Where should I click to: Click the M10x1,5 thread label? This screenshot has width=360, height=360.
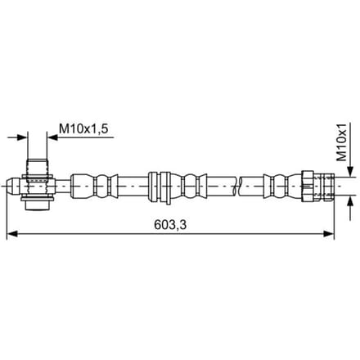coord(83,128)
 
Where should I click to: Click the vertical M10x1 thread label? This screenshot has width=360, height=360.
coord(341,142)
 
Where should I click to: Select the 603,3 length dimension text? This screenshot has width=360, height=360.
coord(170,225)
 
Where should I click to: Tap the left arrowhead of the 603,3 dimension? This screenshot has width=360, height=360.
coord(12,234)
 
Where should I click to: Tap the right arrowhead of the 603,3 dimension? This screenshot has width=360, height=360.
coord(328,234)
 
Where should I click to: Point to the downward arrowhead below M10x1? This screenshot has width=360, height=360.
coord(350,172)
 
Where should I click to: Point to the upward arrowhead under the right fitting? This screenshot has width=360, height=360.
coord(350,201)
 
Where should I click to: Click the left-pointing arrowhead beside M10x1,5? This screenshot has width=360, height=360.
coord(52,137)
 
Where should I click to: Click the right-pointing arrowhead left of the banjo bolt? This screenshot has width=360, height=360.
coord(22,137)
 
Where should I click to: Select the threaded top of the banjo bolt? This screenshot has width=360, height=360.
coord(37,167)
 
